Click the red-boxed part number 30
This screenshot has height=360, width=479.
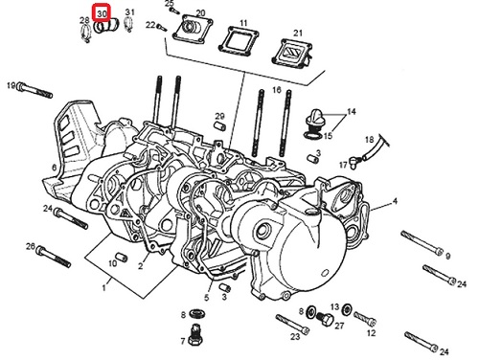(103, 13)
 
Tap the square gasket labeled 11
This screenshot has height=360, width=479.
(239, 39)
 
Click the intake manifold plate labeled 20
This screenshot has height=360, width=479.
(193, 30)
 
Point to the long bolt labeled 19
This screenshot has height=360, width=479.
(34, 90)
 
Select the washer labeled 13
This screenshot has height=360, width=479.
(346, 309)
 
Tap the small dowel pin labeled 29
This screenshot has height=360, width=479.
(219, 125)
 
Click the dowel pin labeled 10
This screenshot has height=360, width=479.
(122, 258)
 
